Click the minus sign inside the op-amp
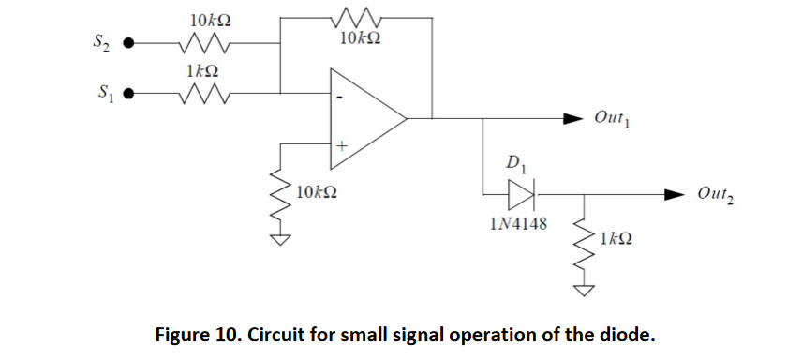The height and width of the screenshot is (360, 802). pos(341,97)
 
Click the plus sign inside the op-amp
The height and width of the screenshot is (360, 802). pos(342,146)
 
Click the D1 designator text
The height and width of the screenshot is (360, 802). pos(518,165)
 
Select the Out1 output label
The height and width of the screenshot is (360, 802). pos(615,120)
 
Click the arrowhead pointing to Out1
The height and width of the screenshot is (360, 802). pos(572,119)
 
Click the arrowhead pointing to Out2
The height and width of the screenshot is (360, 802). pos(676,195)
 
